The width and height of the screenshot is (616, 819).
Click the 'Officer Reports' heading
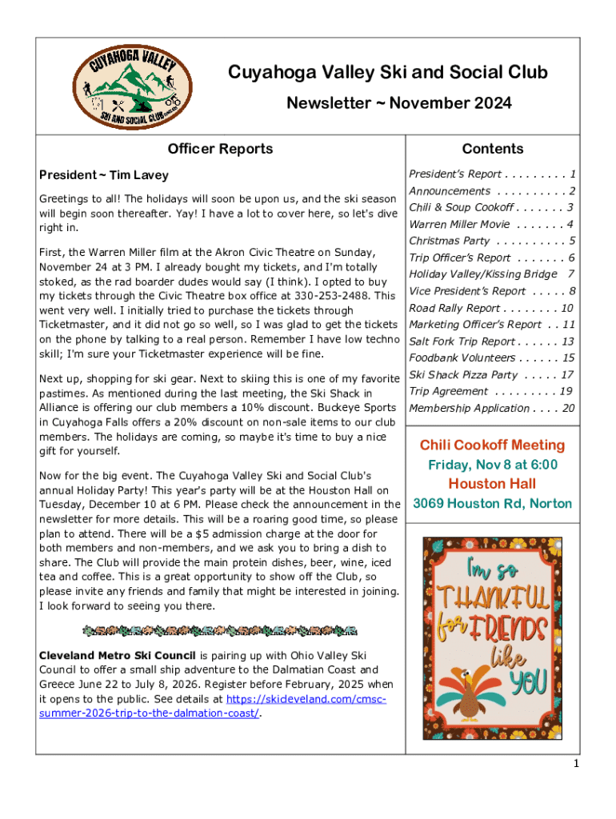click(220, 149)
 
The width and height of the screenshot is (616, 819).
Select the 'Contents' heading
click(493, 149)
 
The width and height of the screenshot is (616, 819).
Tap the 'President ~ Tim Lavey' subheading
click(104, 175)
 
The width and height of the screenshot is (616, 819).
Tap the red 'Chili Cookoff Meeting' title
click(492, 445)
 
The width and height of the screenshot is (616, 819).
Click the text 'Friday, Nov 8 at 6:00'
click(492, 465)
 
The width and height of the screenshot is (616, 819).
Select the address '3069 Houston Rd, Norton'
click(492, 504)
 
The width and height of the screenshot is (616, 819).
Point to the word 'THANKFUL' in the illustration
click(493, 597)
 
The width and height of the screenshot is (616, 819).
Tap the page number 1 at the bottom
click(575, 765)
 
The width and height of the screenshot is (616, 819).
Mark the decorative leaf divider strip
click(220, 632)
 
